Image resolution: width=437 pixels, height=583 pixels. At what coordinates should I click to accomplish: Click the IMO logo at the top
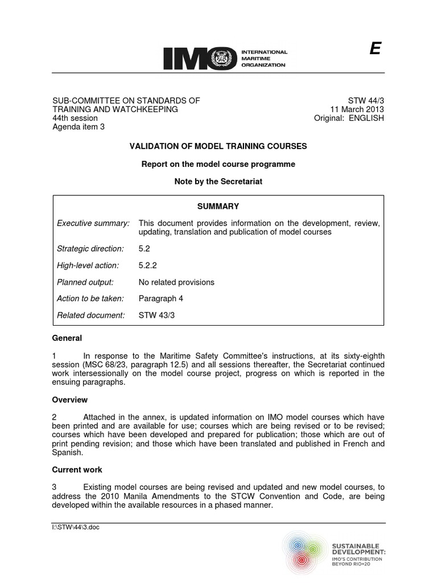coord(225,58)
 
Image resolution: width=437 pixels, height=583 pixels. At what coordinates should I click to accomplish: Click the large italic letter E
coord(374,50)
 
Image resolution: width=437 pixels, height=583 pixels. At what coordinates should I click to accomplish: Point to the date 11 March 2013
coord(357,109)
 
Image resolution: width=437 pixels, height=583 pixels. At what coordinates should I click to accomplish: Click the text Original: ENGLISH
coord(349,118)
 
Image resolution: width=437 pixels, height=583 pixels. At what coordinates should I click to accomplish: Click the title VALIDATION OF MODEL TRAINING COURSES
coord(218,146)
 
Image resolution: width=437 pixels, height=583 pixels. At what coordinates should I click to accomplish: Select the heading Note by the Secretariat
coord(218,182)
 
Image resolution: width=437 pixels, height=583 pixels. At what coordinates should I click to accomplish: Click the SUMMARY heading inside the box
coord(218,207)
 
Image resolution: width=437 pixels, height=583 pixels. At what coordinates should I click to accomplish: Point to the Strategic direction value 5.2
coord(145,249)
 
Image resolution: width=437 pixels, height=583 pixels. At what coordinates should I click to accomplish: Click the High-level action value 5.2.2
coord(147,265)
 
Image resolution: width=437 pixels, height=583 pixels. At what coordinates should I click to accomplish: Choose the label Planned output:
coord(85,282)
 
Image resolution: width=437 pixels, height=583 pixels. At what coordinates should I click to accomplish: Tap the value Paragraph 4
coord(161,298)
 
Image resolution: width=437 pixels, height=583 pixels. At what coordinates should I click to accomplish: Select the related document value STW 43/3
coord(156,315)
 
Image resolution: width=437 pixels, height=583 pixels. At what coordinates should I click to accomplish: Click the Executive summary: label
coord(93,223)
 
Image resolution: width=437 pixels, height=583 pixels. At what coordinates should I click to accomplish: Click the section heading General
coord(67,338)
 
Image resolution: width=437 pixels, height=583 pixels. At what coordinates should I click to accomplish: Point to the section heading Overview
coord(70,400)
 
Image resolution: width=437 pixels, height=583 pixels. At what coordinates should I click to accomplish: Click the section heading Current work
coord(77,470)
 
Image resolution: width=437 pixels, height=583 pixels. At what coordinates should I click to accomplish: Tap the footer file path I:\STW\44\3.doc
coord(75,527)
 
